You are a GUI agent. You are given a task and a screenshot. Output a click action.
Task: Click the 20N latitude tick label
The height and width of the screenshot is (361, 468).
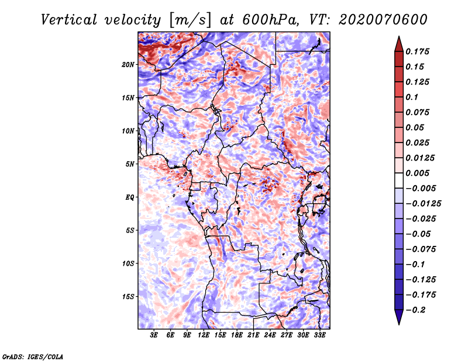[x=128, y=64]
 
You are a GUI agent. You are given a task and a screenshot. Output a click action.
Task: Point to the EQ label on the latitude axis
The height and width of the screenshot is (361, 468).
[x=130, y=197]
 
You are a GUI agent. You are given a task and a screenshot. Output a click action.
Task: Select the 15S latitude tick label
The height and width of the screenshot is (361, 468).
[x=128, y=297]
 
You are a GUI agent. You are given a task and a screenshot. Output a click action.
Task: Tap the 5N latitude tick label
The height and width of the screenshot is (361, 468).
[x=130, y=164]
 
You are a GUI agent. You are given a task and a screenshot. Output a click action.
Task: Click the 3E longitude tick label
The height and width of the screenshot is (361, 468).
[x=154, y=336]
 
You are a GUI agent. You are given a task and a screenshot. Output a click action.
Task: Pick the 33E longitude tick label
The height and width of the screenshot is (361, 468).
[x=320, y=336]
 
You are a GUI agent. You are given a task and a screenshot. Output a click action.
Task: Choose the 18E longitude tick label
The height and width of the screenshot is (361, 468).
[x=237, y=336]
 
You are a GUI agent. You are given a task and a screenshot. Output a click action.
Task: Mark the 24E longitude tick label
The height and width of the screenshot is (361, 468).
[x=270, y=336]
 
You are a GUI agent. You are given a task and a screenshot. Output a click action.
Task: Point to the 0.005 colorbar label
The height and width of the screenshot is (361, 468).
[x=418, y=173]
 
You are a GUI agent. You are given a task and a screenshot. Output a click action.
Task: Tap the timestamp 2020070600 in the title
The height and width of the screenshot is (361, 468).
[x=374, y=19]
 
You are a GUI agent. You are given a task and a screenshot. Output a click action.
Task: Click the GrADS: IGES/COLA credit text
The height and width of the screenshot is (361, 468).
[x=32, y=356]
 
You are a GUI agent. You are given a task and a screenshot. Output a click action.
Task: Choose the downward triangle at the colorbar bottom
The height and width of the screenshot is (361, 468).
[x=398, y=318]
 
